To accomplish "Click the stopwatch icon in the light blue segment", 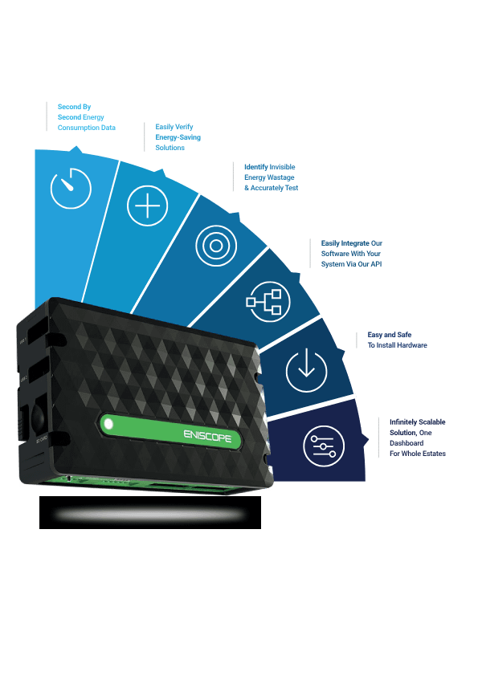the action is [x=71, y=189].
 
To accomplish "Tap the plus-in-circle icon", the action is [x=148, y=206].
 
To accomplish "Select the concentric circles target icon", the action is [x=216, y=246].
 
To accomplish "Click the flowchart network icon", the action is [x=268, y=301].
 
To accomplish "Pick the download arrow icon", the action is [x=306, y=371].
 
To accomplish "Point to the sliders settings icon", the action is [x=324, y=446].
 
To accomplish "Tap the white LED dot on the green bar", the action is [x=108, y=424].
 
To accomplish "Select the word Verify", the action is [x=184, y=127].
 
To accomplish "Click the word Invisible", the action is [x=282, y=167].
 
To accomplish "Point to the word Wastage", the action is [x=282, y=177].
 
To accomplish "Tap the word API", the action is [x=376, y=264].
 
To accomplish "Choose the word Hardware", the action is [x=412, y=345].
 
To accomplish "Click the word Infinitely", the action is [x=403, y=422].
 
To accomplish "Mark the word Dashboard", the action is [x=407, y=442].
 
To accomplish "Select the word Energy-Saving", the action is [x=178, y=137].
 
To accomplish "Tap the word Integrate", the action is [x=355, y=243].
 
